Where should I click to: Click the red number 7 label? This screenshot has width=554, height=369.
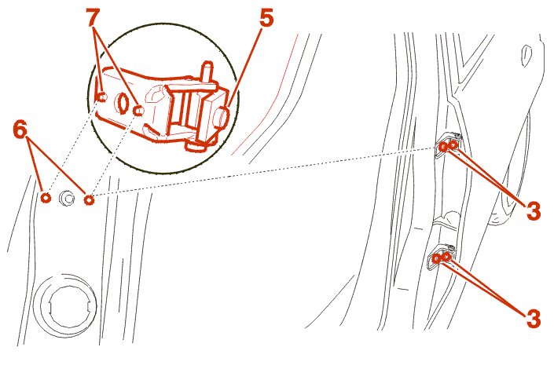click(x=93, y=17)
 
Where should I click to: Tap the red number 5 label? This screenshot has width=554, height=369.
click(x=266, y=17)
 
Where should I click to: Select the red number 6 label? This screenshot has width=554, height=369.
click(x=20, y=130)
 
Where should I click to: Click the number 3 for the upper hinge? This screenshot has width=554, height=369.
click(x=533, y=211)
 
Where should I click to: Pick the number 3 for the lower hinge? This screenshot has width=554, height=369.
click(x=533, y=319)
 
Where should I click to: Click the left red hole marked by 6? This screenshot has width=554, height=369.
click(x=46, y=198)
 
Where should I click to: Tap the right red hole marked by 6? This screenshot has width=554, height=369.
click(x=89, y=200)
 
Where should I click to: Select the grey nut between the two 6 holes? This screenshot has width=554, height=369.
click(x=67, y=198)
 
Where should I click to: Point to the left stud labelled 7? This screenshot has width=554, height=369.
click(x=101, y=97)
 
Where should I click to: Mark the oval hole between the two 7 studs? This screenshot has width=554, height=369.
click(x=123, y=103)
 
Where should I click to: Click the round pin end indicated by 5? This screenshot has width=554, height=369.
click(x=222, y=117)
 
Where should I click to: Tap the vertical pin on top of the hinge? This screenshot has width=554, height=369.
click(x=207, y=74)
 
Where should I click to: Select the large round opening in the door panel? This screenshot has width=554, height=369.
click(x=65, y=305)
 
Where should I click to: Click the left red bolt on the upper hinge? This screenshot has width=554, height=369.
click(x=443, y=147)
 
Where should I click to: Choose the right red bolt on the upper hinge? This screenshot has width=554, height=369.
click(x=453, y=144)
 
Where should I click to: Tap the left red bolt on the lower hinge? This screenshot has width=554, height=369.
click(x=437, y=259)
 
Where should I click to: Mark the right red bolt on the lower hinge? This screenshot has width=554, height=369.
click(x=447, y=256)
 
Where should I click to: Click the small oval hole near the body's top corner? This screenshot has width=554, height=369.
click(x=526, y=56)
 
